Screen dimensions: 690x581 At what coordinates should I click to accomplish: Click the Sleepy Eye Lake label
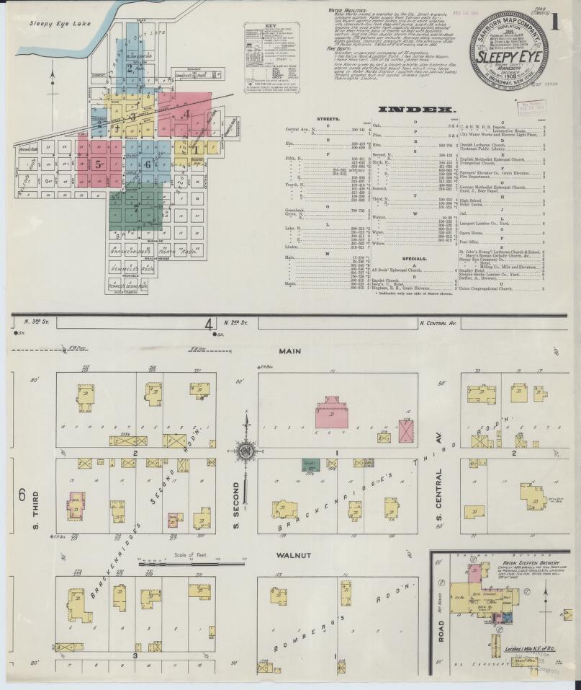pyautogui.click(x=54, y=23)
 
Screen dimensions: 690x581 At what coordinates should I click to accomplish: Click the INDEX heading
pyautogui.click(x=409, y=110)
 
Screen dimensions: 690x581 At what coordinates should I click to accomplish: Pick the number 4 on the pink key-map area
pyautogui.click(x=186, y=114)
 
